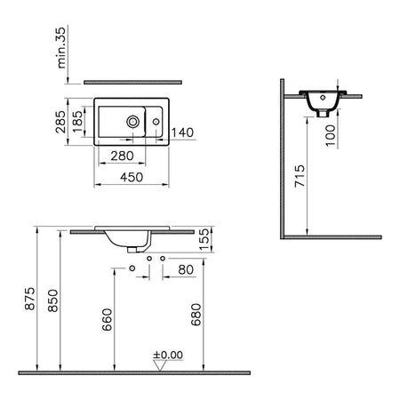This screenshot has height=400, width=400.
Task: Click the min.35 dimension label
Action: pos(61,48)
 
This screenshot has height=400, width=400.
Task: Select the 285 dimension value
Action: pos(60,122)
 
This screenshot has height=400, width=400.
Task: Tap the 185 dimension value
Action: pos(77,122)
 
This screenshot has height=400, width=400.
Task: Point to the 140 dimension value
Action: pos(182,132)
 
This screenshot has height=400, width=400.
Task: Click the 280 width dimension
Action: pos(122,156)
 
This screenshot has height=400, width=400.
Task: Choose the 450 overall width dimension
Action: pos(132,177)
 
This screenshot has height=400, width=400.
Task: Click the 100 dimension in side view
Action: pos(331,135)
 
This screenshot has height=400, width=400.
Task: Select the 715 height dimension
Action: pos(300,176)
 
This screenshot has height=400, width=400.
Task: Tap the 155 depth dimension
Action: pos(204,239)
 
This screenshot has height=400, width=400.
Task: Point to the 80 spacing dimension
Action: pos(186,269)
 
